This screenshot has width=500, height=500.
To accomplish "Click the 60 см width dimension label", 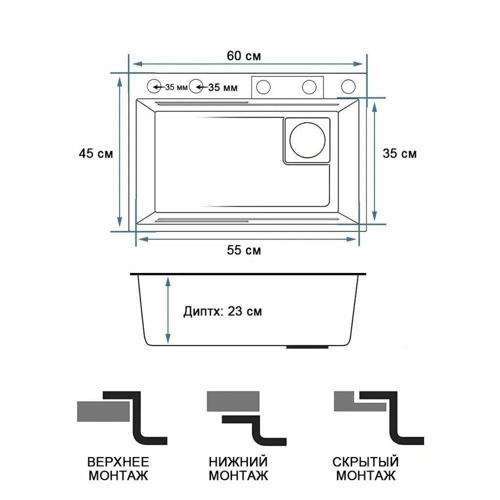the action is pyautogui.click(x=243, y=56).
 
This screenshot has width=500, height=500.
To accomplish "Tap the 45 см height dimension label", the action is pyautogui.click(x=95, y=153).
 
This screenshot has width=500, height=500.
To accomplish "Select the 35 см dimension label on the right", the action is pyautogui.click(x=399, y=153).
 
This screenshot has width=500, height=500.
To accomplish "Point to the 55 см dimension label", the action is pyautogui.click(x=243, y=250).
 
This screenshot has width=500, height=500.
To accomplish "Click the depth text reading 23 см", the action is pyautogui.click(x=244, y=311).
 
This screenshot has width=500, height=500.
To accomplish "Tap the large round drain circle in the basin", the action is pyautogui.click(x=307, y=140).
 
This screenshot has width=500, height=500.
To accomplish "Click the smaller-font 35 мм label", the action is pyautogui.click(x=176, y=87).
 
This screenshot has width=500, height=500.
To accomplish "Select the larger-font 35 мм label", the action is pyautogui.click(x=222, y=87).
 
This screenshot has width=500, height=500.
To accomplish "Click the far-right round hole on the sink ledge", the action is pyautogui.click(x=348, y=86).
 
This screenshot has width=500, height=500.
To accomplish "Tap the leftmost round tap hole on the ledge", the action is pyautogui.click(x=154, y=86).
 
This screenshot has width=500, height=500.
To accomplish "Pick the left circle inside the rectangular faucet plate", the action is pyautogui.click(x=263, y=87).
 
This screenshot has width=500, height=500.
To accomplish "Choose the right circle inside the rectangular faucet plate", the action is pyautogui.click(x=309, y=87).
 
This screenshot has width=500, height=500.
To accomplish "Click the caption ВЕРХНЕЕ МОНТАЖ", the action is pyautogui.click(x=118, y=469).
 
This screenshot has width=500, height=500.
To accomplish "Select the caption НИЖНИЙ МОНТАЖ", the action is pyautogui.click(x=238, y=469).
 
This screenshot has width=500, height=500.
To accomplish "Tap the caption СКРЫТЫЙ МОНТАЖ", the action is pyautogui.click(x=365, y=469).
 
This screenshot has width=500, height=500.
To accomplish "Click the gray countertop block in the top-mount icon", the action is pyautogui.click(x=103, y=411).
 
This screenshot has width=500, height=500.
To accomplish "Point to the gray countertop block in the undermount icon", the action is pyautogui.click(x=233, y=401).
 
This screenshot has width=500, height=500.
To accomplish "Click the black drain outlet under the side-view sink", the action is pyautogui.click(x=307, y=346).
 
